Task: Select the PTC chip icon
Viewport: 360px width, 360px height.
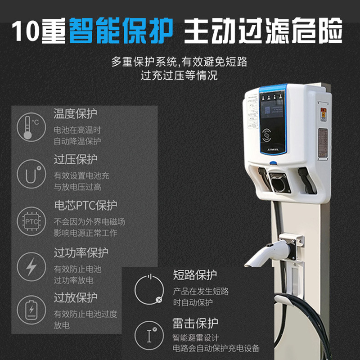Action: point(31,221)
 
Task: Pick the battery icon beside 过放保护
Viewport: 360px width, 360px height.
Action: point(31,310)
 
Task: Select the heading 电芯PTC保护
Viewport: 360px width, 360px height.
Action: point(85,206)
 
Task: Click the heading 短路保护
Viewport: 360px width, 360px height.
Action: point(195,275)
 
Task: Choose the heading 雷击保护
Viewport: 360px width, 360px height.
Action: point(195,323)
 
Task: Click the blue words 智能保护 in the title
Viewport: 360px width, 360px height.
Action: point(121,31)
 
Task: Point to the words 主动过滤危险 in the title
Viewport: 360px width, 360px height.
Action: point(263,31)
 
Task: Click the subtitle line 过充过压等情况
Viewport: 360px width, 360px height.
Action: point(179,75)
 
